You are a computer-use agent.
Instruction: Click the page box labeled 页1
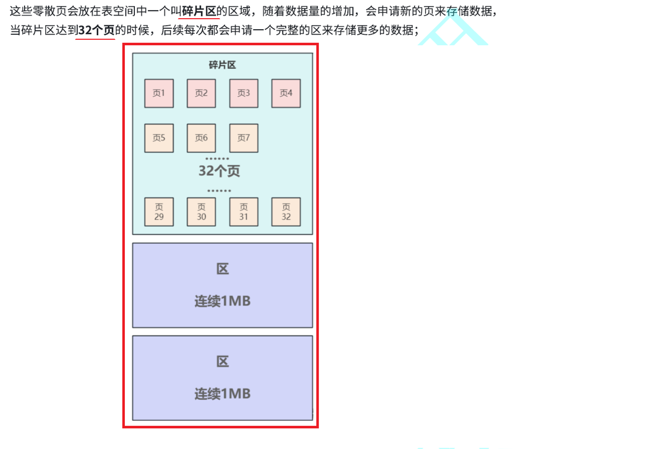(x=159, y=93)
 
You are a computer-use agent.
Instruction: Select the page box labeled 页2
(x=201, y=93)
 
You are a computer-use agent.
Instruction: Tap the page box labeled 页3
(x=243, y=93)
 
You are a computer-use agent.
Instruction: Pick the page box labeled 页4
(x=286, y=93)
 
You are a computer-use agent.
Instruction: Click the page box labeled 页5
(x=159, y=138)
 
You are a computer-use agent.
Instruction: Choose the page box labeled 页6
(x=201, y=138)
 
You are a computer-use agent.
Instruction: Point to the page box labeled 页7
(x=243, y=138)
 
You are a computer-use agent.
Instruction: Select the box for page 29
(x=159, y=212)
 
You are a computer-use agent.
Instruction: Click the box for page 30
(x=201, y=212)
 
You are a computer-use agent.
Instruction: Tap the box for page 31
(x=243, y=212)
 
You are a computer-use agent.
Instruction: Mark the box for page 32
(x=286, y=212)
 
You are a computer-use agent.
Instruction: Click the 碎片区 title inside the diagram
(x=222, y=65)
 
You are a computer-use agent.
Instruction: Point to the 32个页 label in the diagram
(x=219, y=171)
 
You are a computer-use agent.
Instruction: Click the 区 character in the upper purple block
(x=222, y=269)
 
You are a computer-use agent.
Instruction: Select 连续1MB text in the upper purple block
(x=222, y=301)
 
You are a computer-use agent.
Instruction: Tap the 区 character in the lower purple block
(x=222, y=362)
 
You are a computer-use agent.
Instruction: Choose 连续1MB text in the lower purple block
(x=222, y=394)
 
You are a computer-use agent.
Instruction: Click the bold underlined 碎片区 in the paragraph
(x=199, y=11)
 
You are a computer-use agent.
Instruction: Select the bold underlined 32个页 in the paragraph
(x=96, y=31)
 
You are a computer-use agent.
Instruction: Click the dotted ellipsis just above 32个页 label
(x=217, y=159)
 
